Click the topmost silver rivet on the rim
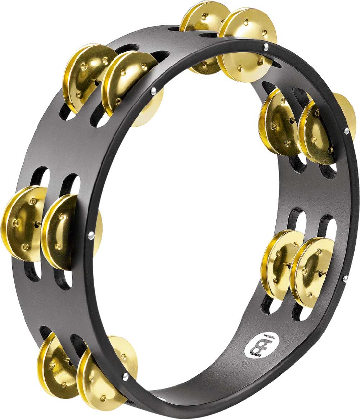point(266,47)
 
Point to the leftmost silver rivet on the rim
point(91,235)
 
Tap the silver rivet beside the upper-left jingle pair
point(154,91)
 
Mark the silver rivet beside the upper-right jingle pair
point(346,131)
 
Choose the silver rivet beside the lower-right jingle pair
point(345,278)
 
